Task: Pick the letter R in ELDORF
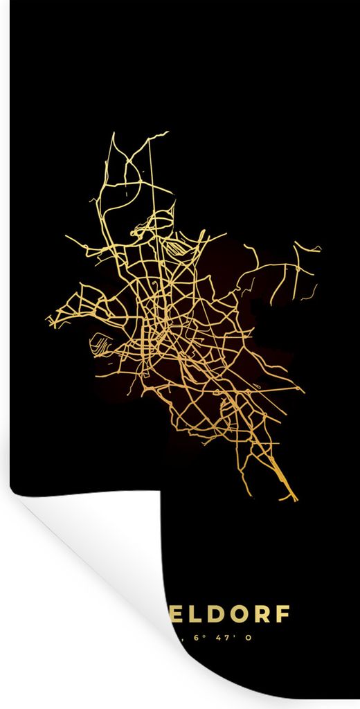[264, 616]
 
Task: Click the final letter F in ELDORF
[285, 616]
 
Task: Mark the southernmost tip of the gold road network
[296, 500]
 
